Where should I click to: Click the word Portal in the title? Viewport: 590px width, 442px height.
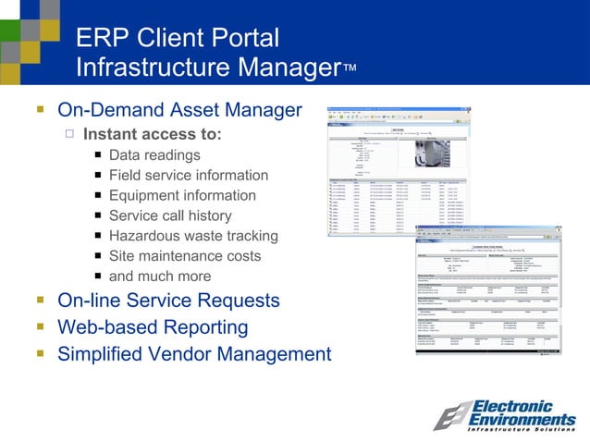coord(244,38)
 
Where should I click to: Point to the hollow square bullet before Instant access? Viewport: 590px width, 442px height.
coord(69,134)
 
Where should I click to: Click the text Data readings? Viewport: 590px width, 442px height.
coord(154,154)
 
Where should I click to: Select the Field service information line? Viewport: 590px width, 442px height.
coord(188,175)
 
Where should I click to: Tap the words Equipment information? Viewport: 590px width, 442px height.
coord(182,195)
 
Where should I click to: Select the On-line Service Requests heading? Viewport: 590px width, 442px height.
coord(168,301)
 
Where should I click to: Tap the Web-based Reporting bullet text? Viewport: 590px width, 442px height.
coord(153,327)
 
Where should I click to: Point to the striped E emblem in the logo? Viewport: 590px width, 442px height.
coord(453,417)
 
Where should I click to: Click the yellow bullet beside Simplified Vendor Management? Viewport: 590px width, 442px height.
coord(40,354)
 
